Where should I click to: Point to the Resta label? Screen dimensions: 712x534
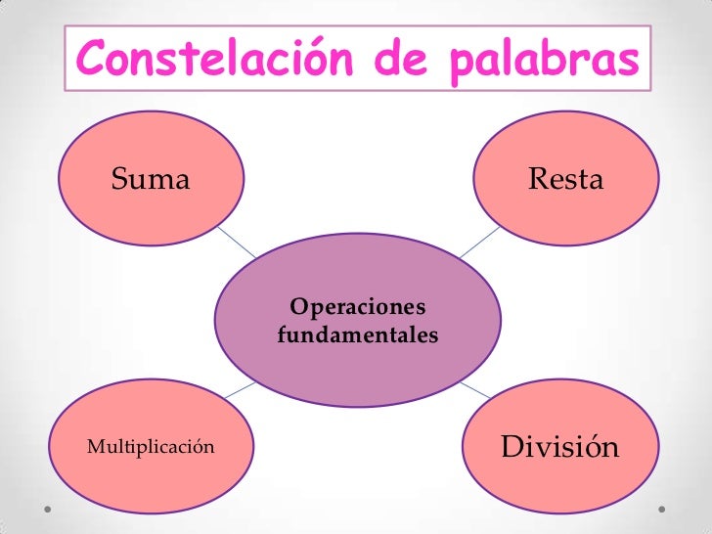coord(565,179)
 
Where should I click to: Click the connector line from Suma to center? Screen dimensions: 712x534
coord(236,240)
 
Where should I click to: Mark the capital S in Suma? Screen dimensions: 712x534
coord(121,179)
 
